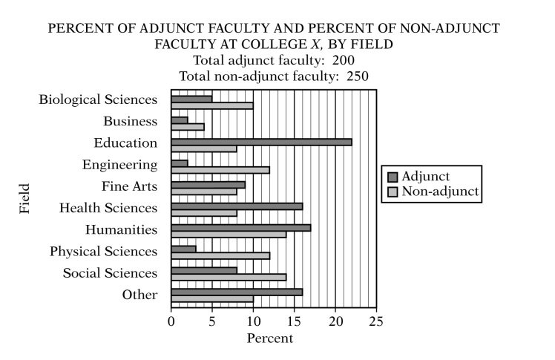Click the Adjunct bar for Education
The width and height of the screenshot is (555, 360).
(x=261, y=142)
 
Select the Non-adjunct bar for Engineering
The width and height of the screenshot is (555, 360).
(x=220, y=170)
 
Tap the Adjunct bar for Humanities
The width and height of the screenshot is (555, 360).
(x=240, y=228)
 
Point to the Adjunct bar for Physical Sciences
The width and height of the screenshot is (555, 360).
(x=183, y=249)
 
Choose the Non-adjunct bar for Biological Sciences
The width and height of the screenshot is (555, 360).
(x=212, y=105)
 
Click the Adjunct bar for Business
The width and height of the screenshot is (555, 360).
(x=180, y=120)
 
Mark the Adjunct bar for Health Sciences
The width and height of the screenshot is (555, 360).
(x=237, y=206)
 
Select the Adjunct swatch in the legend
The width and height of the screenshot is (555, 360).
(x=393, y=177)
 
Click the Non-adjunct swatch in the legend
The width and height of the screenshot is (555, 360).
(x=393, y=192)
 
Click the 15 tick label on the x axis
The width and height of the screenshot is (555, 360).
(x=295, y=322)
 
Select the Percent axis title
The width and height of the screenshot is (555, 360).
(x=270, y=338)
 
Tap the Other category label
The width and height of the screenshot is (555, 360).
(x=140, y=295)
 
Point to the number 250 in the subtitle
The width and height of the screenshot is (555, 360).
(x=355, y=75)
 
